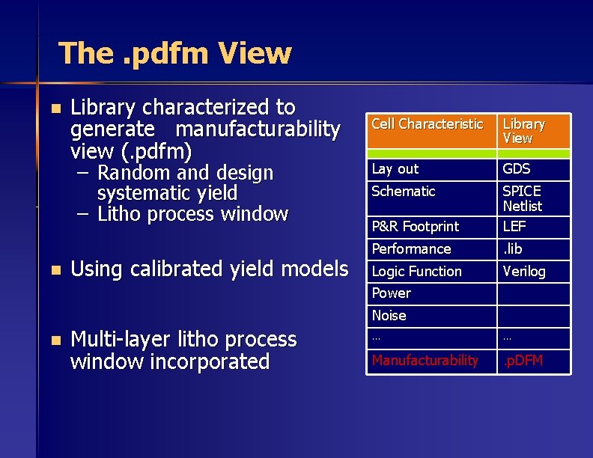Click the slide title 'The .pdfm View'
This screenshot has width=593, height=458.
174,53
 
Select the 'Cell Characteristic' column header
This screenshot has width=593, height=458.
428,124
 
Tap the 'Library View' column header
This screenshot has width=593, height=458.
523,131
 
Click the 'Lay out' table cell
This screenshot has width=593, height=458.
395,169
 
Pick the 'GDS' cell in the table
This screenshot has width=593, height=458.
517,169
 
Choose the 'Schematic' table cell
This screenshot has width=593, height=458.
404,192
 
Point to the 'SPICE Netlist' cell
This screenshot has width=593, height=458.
522,198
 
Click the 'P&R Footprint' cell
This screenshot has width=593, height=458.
416,226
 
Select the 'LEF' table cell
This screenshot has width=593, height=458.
514,226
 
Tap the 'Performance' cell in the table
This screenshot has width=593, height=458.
412,248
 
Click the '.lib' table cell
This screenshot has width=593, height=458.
513,248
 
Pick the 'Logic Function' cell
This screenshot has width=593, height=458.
417,271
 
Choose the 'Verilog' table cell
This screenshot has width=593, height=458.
524,271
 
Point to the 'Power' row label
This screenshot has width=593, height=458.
392,293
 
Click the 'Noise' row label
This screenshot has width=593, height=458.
389,316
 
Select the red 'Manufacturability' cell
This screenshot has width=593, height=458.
425,361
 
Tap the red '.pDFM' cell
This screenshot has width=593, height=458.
523,361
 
